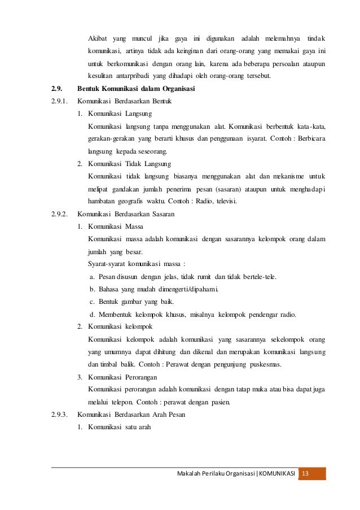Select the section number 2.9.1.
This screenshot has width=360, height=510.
tap(59, 102)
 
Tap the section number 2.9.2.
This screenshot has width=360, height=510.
tap(59, 214)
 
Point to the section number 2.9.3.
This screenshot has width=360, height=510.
tap(59, 413)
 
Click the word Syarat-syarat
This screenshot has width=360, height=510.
tap(107, 264)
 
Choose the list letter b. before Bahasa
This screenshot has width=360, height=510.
tap(93, 289)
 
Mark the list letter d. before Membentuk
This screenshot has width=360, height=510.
tap(93, 314)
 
